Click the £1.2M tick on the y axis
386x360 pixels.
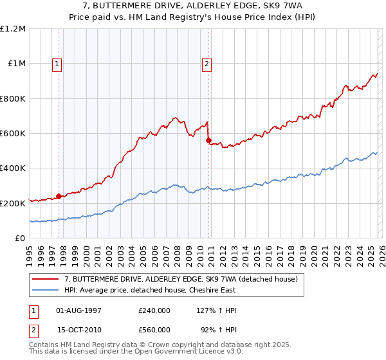tap(13, 29)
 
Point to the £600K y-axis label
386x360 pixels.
tap(13, 134)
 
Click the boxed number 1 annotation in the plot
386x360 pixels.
tap(58, 64)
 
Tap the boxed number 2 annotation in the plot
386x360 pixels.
tap(207, 64)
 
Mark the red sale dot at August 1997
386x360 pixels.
tap(59, 196)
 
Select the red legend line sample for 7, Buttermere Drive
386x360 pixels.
tap(46, 280)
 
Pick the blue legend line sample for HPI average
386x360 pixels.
tap(46, 291)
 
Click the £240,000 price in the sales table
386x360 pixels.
tap(154, 310)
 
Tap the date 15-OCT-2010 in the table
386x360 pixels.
tap(79, 329)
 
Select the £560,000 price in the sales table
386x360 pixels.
tap(154, 329)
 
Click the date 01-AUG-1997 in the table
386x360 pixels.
tap(79, 310)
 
